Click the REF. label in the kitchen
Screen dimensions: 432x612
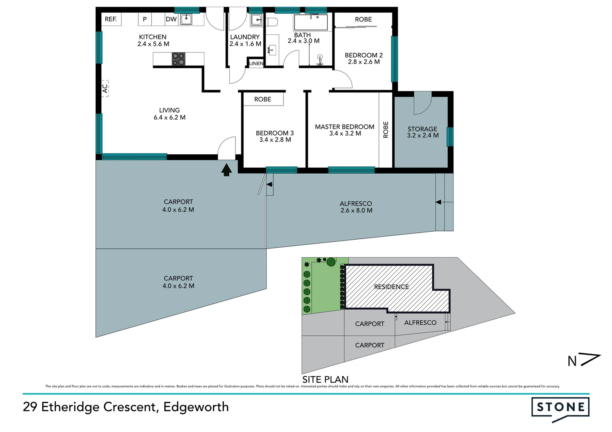(x=111, y=19)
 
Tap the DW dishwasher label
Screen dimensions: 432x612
(x=171, y=19)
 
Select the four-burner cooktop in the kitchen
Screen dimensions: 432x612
(x=179, y=59)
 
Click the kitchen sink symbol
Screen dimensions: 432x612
(x=186, y=19)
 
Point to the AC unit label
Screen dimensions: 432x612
(x=105, y=88)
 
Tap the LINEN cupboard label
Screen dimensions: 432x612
(x=256, y=64)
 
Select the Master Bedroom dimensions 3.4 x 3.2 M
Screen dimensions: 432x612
(x=345, y=134)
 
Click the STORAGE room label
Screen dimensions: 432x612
(x=422, y=129)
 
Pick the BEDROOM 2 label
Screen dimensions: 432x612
(x=364, y=55)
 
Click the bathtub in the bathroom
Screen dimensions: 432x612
(x=310, y=22)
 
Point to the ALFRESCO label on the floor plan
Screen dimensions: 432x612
(x=356, y=204)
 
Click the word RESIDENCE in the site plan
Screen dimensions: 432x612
(x=391, y=287)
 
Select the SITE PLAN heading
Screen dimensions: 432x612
(x=325, y=379)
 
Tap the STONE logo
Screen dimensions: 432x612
(x=560, y=408)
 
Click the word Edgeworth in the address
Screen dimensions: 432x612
(x=196, y=407)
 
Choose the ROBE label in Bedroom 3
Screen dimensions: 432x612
(x=263, y=99)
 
